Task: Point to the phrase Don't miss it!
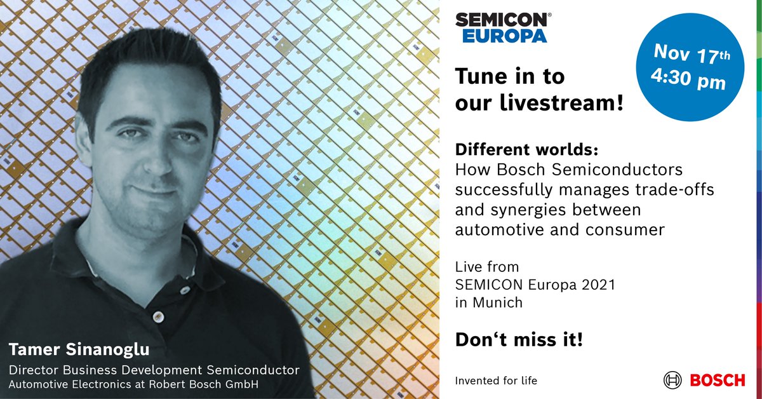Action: [x=519, y=340]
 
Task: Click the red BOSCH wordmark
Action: [x=718, y=381]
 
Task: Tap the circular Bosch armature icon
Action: [x=672, y=381]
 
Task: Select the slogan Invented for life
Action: [x=496, y=381]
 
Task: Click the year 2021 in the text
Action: [x=597, y=285]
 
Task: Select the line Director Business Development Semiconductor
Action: [x=153, y=369]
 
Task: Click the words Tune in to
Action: [x=510, y=78]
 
